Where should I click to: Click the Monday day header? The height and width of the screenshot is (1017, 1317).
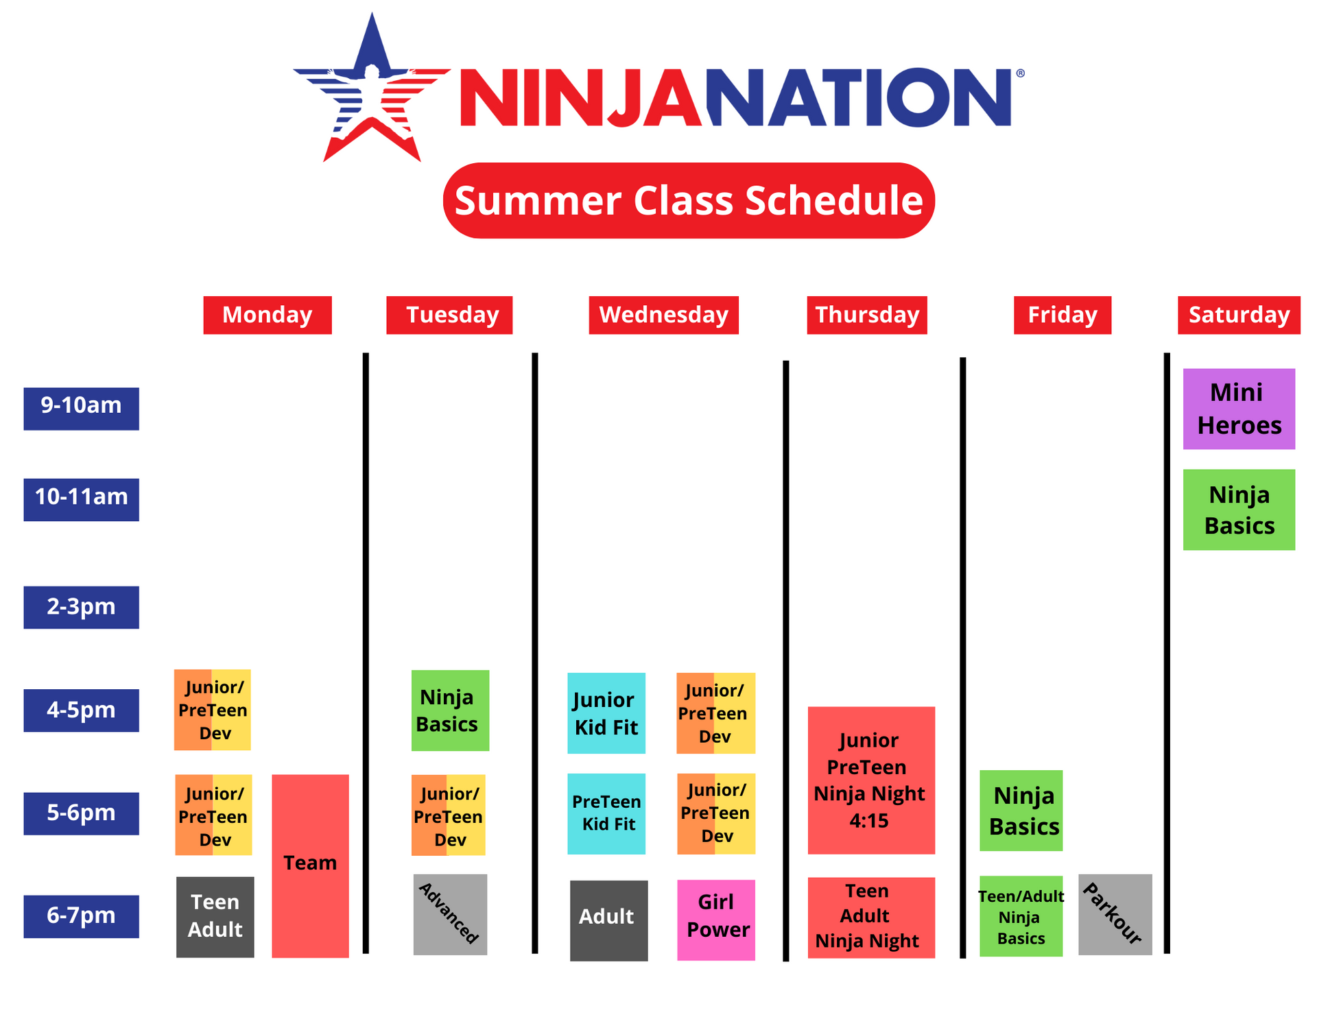coord(267,315)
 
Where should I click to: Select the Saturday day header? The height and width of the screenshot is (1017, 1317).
coord(1238,315)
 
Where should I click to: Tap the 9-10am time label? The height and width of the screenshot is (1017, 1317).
coord(81,408)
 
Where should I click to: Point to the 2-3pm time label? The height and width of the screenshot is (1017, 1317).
coord(81,607)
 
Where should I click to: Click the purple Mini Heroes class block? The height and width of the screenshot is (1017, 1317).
coord(1238,409)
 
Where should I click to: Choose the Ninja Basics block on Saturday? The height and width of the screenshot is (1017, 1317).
coord(1238,510)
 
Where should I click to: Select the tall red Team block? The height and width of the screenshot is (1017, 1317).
coord(310,865)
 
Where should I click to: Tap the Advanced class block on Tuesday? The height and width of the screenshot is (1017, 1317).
coord(450,914)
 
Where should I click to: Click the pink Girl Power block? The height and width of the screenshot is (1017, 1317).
coord(715,920)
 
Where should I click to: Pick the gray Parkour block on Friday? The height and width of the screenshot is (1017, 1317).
coord(1115,914)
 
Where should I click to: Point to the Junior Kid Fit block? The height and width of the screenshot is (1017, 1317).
coord(606,713)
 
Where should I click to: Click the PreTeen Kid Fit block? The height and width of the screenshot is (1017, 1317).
coord(606,813)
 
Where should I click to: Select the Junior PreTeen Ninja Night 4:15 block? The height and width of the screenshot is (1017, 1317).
coord(870,780)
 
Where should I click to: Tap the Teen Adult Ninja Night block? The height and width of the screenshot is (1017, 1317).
coord(870,917)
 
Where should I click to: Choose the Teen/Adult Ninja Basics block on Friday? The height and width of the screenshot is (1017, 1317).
coord(1021,916)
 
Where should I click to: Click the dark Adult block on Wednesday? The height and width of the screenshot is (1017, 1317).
coord(608,920)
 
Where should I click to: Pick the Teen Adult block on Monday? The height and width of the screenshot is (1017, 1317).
coord(215,916)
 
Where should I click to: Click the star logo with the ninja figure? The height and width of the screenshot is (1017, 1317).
coord(371,93)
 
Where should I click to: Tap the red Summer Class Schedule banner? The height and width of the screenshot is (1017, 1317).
coord(688,200)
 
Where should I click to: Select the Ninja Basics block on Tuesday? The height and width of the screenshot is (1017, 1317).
coord(450,710)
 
